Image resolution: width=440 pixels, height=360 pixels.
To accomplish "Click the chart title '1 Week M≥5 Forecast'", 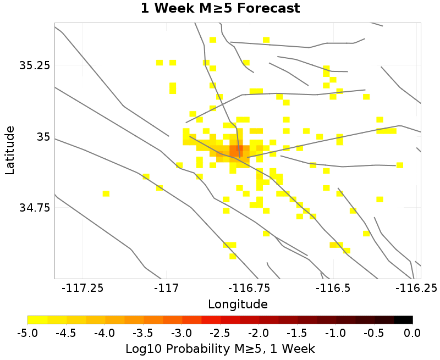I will pyautogui.click(x=220, y=9).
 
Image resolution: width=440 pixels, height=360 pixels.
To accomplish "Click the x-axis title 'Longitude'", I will pyautogui.click(x=238, y=304).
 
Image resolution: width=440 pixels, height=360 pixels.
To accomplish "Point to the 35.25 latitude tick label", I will pyautogui.click(x=34, y=65).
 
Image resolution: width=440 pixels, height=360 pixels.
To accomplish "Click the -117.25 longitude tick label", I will pyautogui.click(x=82, y=288).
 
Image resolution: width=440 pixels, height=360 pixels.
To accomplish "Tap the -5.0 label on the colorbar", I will pyautogui.click(x=28, y=333).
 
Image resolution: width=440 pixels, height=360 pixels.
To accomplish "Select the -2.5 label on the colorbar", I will pyautogui.click(x=220, y=333).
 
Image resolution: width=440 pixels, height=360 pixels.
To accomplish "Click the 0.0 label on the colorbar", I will pyautogui.click(x=412, y=333).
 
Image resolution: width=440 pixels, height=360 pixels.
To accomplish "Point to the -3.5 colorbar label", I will pyautogui.click(x=143, y=333).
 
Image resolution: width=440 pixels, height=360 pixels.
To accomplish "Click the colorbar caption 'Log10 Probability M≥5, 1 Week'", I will pyautogui.click(x=220, y=348).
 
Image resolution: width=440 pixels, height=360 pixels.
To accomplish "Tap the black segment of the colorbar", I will pyautogui.click(x=403, y=319).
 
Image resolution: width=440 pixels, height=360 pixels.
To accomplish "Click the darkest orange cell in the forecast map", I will pyautogui.click(x=236, y=150).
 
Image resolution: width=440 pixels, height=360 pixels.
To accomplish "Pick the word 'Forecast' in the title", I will pyautogui.click(x=268, y=9).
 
